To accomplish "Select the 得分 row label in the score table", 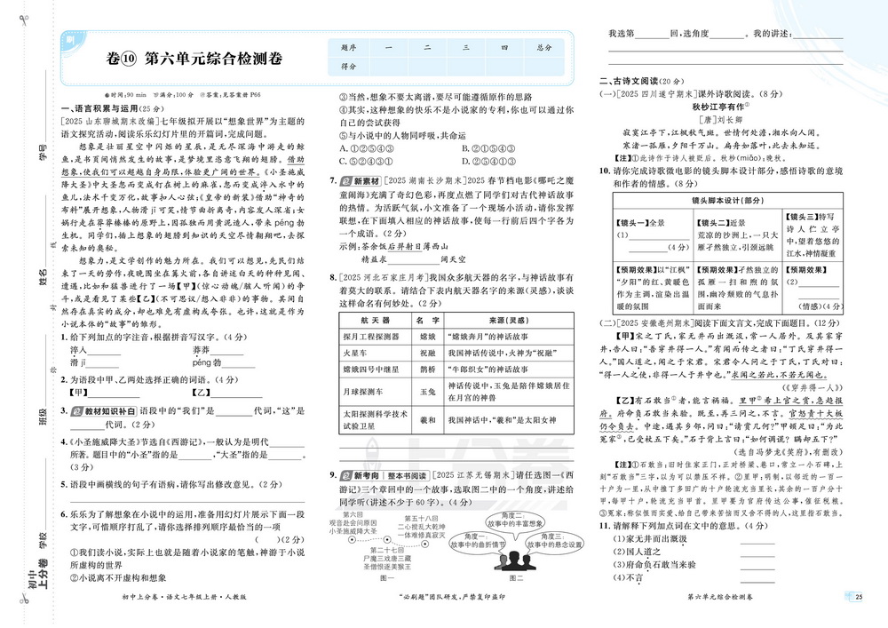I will point(348,67).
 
